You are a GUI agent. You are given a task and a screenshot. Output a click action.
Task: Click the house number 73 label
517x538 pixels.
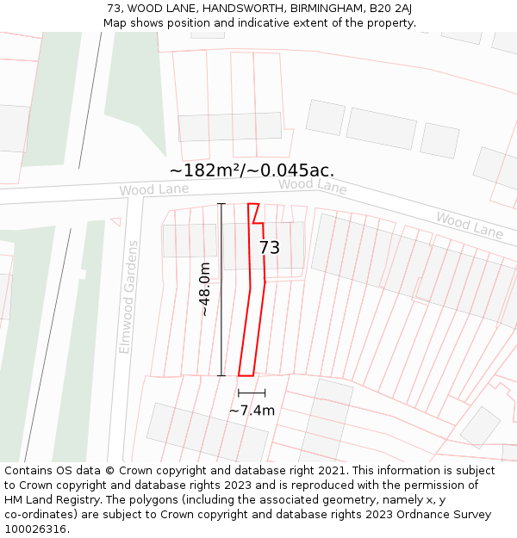(x=270, y=248)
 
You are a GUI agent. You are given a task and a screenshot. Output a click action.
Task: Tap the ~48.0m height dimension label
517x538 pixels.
(x=205, y=289)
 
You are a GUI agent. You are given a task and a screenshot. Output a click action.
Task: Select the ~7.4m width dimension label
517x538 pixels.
(x=252, y=411)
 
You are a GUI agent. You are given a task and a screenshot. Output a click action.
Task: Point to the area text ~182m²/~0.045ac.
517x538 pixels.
(x=252, y=170)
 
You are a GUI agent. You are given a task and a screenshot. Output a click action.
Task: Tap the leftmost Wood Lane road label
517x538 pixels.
(x=142, y=189)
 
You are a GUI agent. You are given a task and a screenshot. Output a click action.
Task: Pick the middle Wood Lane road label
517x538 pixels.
(x=312, y=185)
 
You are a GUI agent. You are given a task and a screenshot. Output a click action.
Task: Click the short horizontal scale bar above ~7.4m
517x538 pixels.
(x=252, y=393)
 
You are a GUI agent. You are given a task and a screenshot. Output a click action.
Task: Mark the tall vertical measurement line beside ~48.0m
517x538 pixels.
(x=221, y=289)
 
